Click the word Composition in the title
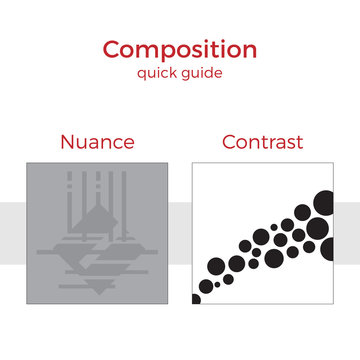point(180,49)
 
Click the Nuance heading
point(96,141)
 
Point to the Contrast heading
point(262,141)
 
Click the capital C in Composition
point(112,49)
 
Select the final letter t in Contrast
point(300,141)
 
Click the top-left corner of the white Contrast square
point(192,163)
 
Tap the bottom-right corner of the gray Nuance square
point(166,305)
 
